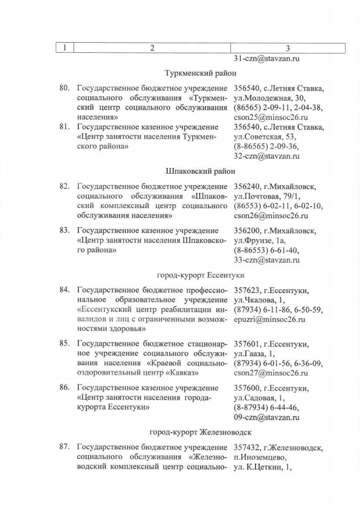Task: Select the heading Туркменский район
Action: coord(200,73)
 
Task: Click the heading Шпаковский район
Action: coord(200,171)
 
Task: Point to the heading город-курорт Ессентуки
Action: coord(200,275)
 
